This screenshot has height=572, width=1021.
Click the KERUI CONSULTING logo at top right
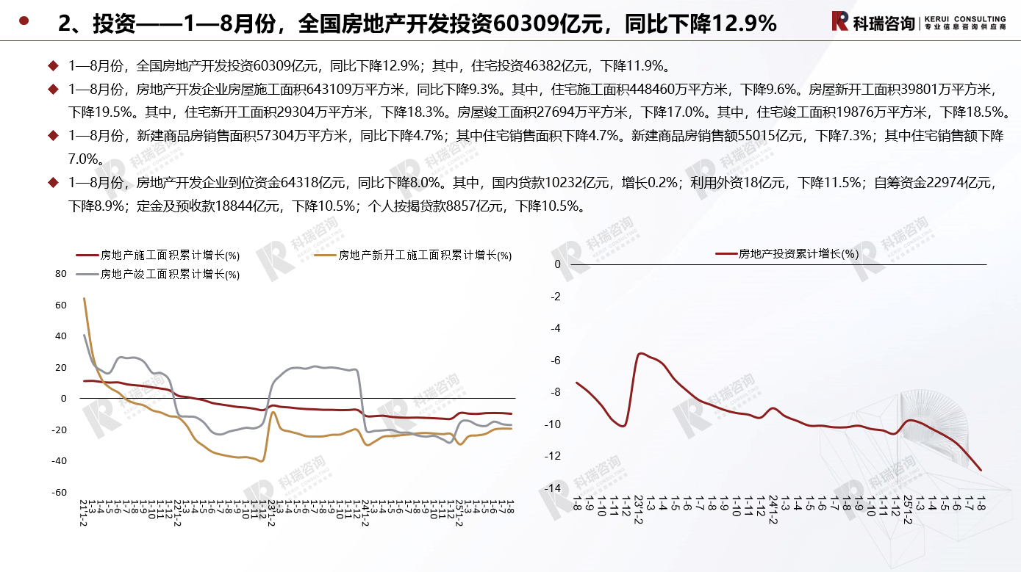click(x=918, y=21)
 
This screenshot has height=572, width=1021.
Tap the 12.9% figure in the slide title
click(x=739, y=24)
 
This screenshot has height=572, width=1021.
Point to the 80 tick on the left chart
click(x=61, y=274)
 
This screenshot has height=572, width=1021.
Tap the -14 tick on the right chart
click(x=555, y=488)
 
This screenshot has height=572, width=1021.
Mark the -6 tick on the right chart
click(x=556, y=361)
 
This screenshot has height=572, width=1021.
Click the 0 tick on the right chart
click(x=558, y=264)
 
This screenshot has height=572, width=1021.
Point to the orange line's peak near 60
click(x=84, y=298)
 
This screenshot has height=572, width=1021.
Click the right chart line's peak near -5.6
click(x=641, y=353)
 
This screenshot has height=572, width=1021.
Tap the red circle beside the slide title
click(x=24, y=21)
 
